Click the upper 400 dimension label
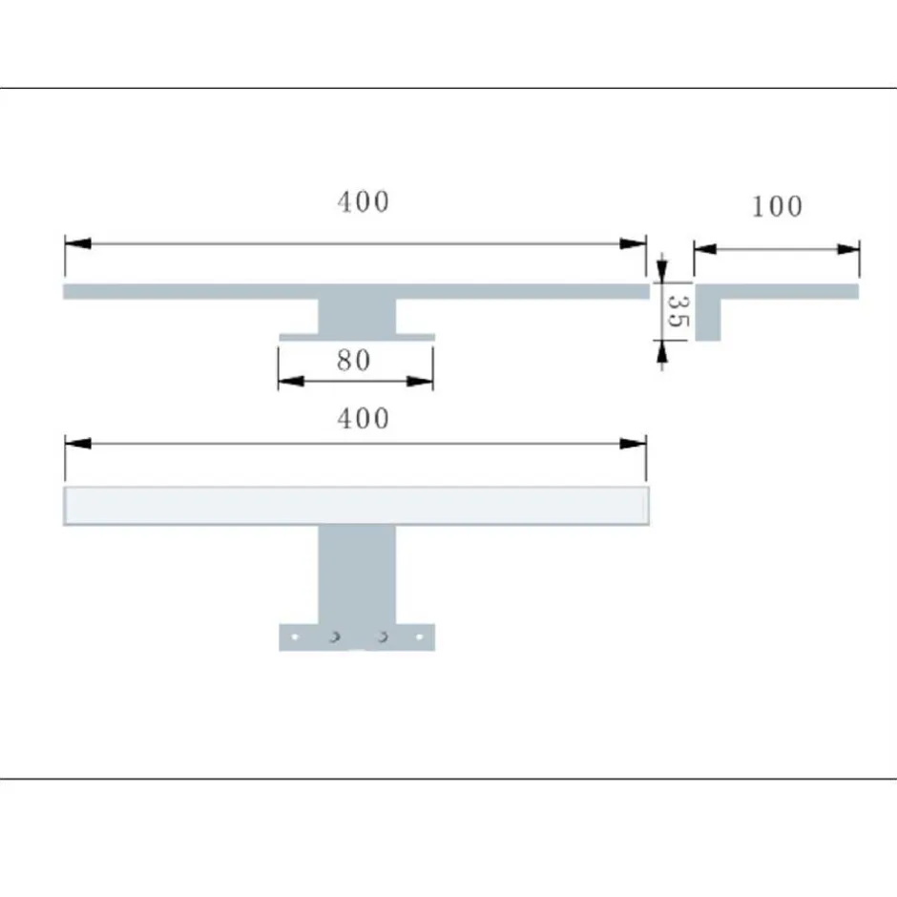point(363,202)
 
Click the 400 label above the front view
point(363,418)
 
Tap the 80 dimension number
point(353,360)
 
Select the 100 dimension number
point(777,206)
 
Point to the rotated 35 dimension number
point(676,311)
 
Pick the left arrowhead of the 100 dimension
point(705,249)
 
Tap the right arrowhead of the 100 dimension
point(848,249)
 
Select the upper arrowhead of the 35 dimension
point(662,271)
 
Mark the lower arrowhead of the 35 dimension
point(662,351)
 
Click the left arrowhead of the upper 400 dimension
point(77,244)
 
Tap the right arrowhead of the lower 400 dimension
point(635,444)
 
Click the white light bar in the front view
point(356,506)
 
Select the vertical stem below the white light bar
point(356,573)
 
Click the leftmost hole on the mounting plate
point(296,636)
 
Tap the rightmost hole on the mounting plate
point(417,636)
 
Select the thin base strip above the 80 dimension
point(356,337)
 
